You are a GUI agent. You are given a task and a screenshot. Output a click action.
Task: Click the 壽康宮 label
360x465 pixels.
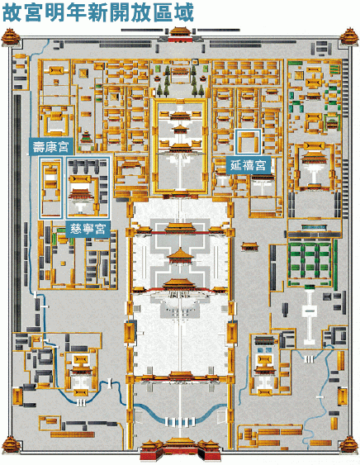[50, 147]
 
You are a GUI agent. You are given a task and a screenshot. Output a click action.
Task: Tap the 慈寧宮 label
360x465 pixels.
[88, 229]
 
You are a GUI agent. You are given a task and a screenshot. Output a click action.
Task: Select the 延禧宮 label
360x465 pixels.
[249, 165]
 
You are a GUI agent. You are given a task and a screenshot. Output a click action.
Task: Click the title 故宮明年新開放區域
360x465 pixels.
[98, 12]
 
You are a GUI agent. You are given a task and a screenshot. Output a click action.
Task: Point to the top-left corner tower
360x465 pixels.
[11, 37]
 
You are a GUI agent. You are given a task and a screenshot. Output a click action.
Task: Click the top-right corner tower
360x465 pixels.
[349, 37]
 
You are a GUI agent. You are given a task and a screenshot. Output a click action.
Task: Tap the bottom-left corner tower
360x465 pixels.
[11, 444]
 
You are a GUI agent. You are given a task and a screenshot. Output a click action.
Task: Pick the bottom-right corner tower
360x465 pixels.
[349, 444]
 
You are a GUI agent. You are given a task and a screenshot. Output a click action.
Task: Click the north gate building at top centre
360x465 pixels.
[180, 35]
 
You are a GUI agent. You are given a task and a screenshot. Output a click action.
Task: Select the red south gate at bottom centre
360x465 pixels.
[180, 450]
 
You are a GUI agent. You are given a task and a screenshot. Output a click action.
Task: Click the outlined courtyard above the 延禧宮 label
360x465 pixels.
[248, 142]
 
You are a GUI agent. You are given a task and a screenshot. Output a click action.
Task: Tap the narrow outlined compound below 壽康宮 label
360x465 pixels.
[50, 188]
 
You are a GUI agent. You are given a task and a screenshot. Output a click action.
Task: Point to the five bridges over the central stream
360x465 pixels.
[180, 421]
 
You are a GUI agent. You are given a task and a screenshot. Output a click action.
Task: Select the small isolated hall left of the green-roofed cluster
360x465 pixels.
[249, 246]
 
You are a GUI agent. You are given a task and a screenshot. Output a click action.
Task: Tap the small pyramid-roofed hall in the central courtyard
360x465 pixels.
[180, 256]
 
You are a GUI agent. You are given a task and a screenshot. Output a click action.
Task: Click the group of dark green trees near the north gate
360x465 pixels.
[180, 81]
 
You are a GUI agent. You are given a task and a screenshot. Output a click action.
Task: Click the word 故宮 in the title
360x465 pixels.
[21, 12]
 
